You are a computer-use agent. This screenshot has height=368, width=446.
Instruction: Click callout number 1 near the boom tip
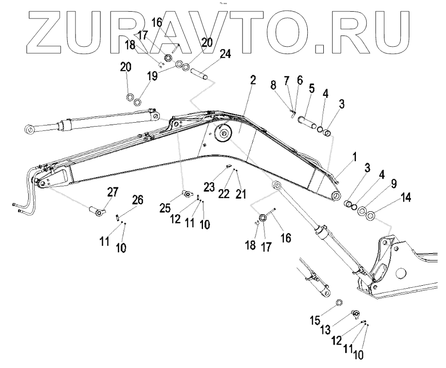(x=354, y=157)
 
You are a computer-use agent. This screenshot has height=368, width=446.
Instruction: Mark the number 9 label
(x=393, y=184)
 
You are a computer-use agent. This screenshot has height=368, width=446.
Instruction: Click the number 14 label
(x=405, y=197)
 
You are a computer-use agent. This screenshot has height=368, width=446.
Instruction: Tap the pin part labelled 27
(x=96, y=211)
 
